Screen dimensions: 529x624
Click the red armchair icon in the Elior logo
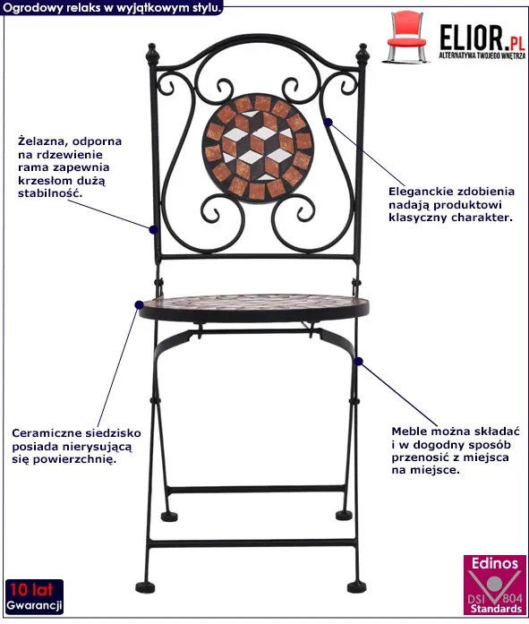(406, 37)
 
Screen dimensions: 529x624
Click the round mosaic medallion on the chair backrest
(258, 149)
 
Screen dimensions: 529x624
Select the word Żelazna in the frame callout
(40, 141)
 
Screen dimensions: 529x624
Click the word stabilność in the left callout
(50, 193)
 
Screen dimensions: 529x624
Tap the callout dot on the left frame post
(153, 229)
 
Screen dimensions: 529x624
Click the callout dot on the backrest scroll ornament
(328, 122)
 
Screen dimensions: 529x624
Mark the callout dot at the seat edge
(140, 305)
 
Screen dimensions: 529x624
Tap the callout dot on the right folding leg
(358, 362)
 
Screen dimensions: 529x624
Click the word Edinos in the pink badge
(495, 563)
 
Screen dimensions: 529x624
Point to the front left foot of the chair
(145, 587)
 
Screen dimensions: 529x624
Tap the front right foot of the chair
(356, 586)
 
